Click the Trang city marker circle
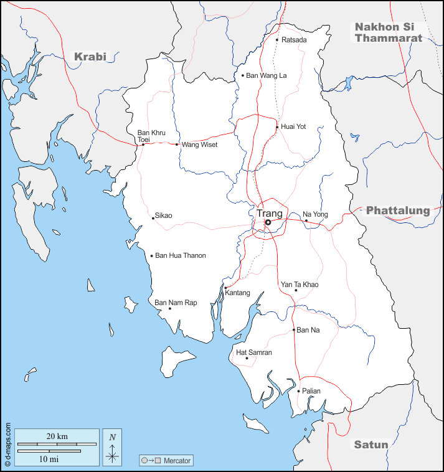268,222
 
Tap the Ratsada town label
294,40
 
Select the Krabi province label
90,57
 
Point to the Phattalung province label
398,210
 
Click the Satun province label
371,445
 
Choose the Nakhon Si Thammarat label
389,32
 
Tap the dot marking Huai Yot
277,127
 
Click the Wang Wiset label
199,144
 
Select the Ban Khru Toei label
151,136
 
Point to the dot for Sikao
153,218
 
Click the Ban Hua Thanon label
180,255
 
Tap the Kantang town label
238,293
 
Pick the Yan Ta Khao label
300,285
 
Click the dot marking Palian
298,391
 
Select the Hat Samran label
254,352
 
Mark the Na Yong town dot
306,220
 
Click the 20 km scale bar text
57,436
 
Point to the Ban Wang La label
267,75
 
